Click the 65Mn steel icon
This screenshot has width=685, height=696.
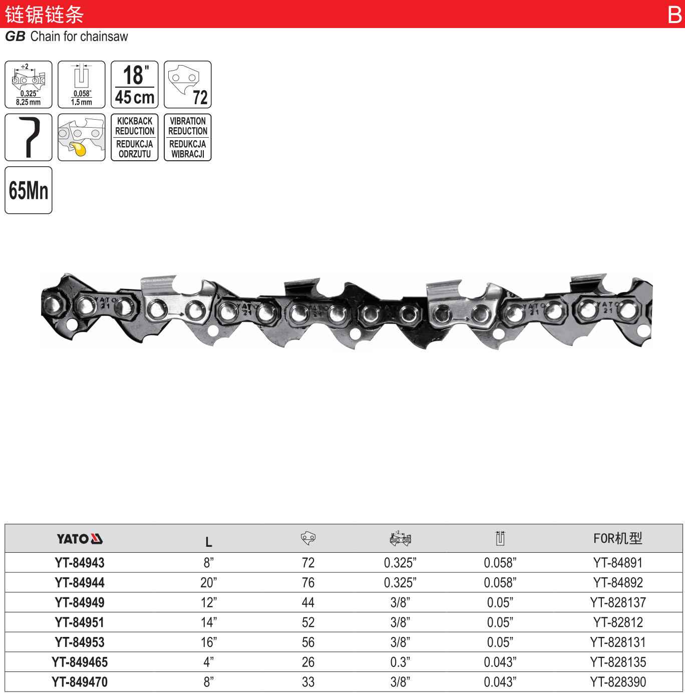(29, 190)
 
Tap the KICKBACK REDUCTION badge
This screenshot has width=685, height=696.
(134, 137)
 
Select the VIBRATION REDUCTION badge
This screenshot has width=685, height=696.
(187, 137)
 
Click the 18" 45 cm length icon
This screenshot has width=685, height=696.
(134, 85)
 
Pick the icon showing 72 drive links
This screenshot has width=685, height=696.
(187, 85)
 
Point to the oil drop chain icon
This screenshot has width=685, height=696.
(82, 137)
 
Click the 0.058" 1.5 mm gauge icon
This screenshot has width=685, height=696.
(82, 85)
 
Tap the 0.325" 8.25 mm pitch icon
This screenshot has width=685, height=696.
(29, 85)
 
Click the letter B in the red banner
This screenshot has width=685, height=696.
(674, 15)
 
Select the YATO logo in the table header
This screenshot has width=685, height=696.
(80, 539)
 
